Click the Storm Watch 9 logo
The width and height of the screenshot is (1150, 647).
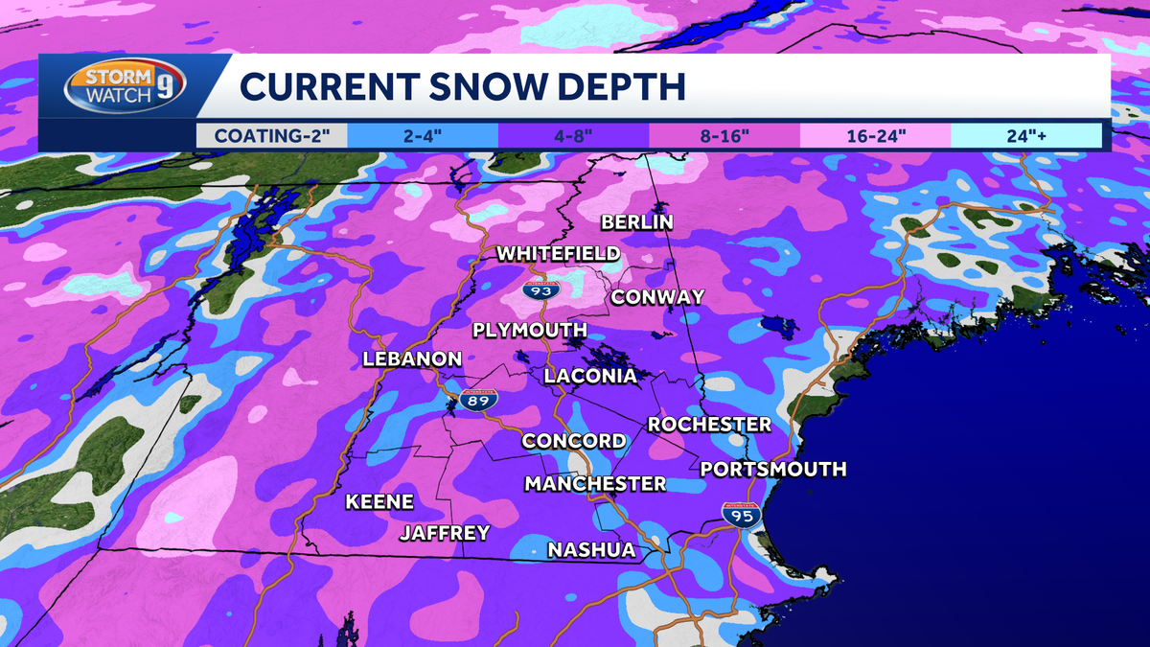tap(126, 87)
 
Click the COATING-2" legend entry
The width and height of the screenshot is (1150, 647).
tap(271, 135)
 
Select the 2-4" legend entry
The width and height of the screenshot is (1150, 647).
tap(422, 135)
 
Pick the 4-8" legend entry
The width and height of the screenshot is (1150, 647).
tap(573, 135)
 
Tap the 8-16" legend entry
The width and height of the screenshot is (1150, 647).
tap(725, 135)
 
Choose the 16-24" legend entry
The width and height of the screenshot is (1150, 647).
tap(876, 135)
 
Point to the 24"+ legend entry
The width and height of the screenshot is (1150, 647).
tap(1026, 135)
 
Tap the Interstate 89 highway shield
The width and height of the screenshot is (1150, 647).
tap(476, 402)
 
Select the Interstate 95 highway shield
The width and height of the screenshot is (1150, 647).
tap(742, 515)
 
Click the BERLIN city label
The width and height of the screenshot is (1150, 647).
tap(637, 222)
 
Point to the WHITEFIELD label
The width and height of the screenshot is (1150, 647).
tap(558, 254)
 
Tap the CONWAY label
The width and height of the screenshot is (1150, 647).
tap(657, 297)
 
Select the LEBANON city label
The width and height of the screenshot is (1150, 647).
tap(412, 359)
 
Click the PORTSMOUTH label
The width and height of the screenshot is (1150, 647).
tap(773, 469)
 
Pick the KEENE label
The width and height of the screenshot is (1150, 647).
tap(379, 501)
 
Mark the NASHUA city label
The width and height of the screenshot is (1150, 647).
tap(591, 550)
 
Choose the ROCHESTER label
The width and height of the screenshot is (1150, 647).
tap(709, 424)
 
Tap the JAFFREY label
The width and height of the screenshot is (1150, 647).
tap(445, 533)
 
